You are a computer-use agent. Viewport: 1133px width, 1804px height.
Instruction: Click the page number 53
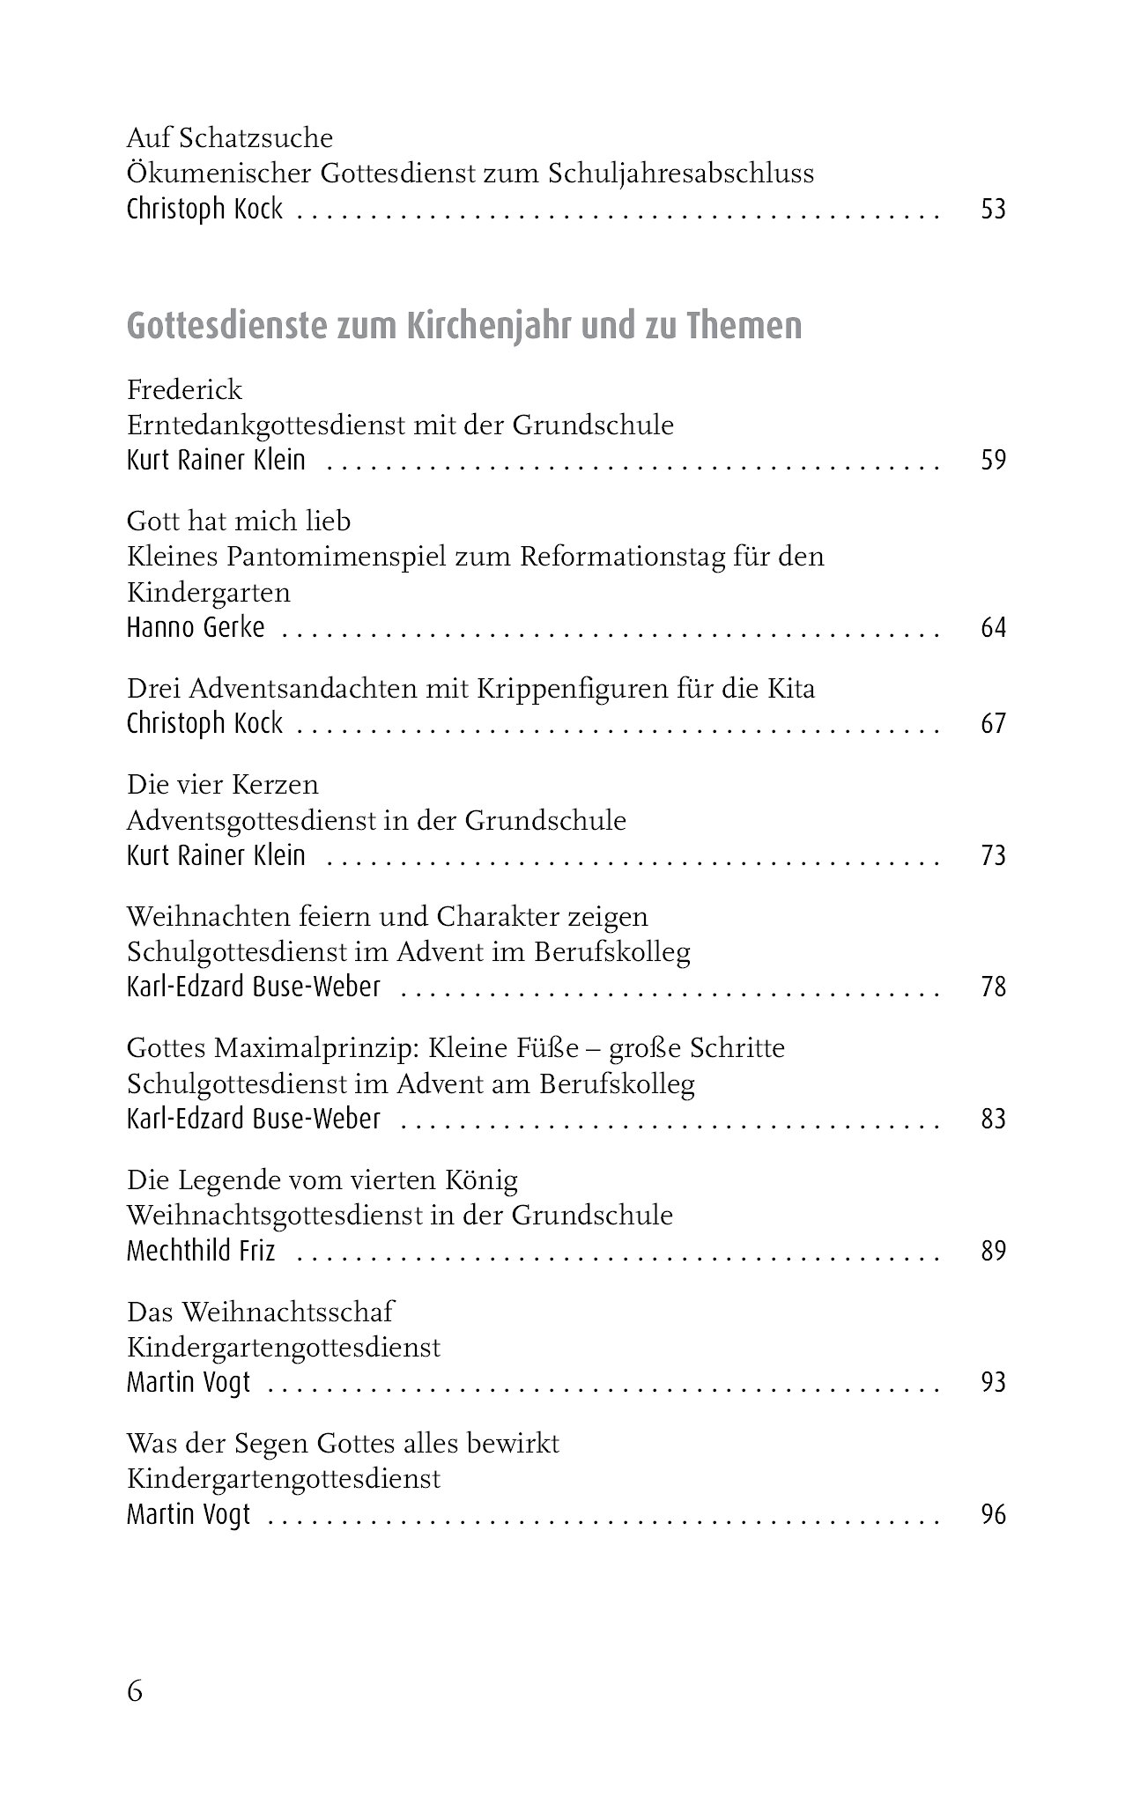993,210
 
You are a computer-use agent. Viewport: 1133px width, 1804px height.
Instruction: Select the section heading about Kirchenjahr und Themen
464,326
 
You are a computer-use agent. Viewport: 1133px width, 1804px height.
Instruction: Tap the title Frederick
184,389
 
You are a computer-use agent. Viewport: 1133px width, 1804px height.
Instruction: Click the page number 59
993,461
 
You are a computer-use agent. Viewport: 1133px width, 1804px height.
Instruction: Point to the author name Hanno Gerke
196,628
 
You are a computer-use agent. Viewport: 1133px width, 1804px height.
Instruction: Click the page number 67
993,724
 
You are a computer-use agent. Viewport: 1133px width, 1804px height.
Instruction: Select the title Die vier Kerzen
223,785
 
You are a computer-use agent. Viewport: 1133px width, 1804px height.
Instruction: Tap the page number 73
993,856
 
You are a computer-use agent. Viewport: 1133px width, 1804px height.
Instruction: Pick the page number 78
993,987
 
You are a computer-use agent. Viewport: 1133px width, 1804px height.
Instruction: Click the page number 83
993,1120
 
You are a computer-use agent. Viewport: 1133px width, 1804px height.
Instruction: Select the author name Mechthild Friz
201,1251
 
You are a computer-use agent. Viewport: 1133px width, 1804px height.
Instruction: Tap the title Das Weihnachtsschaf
260,1312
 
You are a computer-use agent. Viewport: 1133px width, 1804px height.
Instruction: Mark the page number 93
993,1383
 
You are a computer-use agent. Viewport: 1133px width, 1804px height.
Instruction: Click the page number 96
993,1515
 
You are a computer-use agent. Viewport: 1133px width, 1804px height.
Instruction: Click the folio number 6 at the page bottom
135,1692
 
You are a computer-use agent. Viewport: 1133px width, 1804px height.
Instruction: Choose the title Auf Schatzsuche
230,138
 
